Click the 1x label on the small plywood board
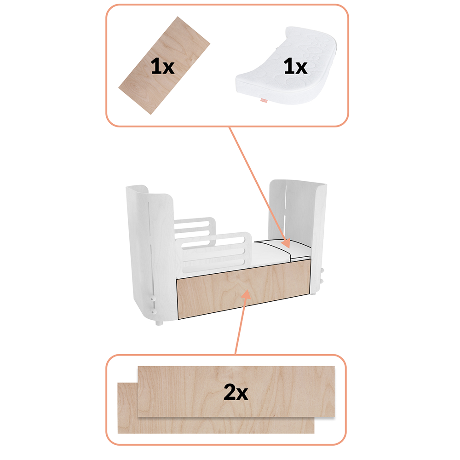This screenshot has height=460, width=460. (162, 67)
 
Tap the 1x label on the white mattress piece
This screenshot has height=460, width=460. (295, 67)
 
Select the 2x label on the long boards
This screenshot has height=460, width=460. (236, 392)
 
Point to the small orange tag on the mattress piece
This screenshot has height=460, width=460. (264, 100)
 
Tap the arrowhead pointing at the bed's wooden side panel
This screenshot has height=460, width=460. (247, 294)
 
